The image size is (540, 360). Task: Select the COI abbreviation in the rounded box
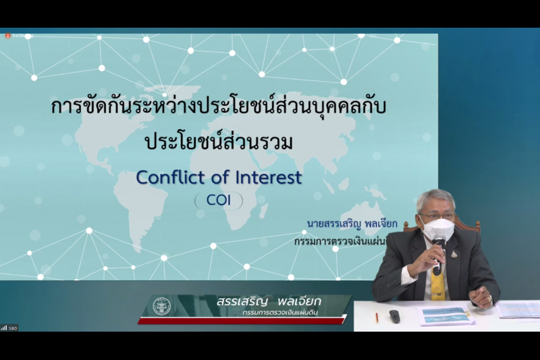218,201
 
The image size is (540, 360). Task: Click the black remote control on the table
395,315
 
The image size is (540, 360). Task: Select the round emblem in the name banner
162,306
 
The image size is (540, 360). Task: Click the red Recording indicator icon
7,35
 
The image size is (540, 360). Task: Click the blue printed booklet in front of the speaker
446,314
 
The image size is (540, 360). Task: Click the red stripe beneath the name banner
243,319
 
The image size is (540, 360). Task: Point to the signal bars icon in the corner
4,328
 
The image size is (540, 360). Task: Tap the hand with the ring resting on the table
481,296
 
